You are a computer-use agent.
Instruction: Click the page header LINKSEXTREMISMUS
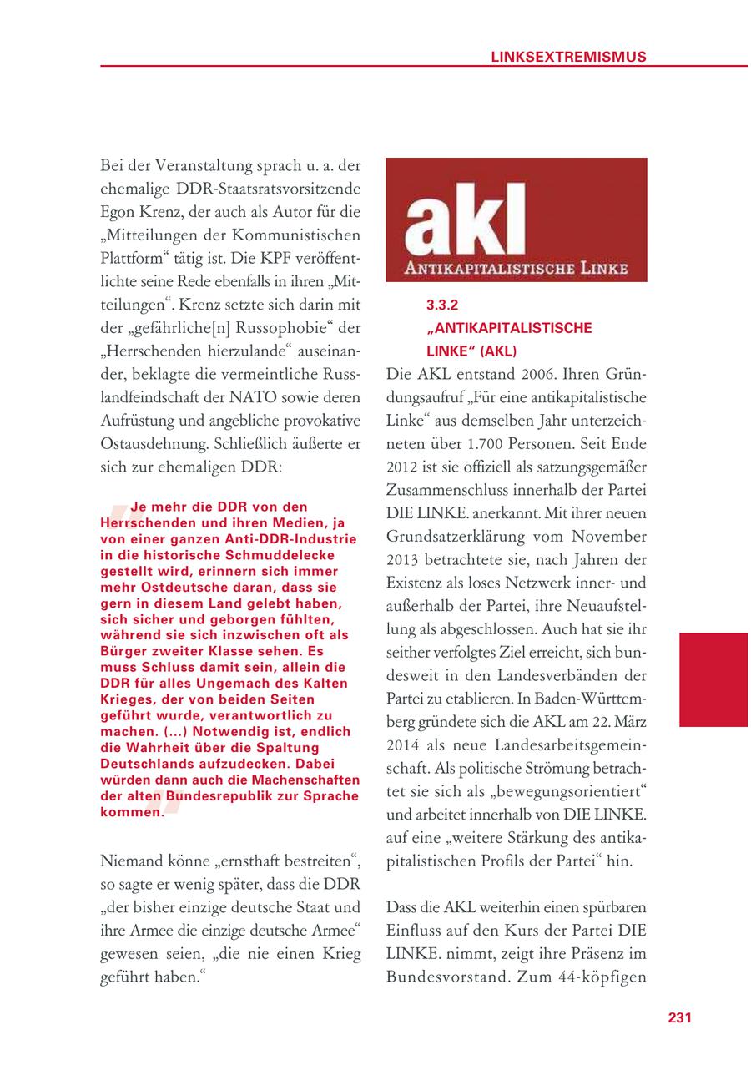(567, 57)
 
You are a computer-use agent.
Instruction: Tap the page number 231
(680, 1017)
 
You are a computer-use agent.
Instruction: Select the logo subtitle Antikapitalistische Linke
(517, 269)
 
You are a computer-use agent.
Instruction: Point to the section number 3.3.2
(443, 306)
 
